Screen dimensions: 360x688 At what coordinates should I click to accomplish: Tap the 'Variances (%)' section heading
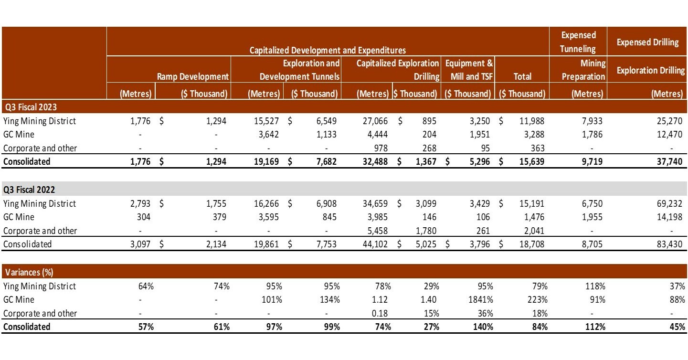pyautogui.click(x=29, y=273)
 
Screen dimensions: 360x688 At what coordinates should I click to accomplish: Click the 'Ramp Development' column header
pyautogui.click(x=193, y=76)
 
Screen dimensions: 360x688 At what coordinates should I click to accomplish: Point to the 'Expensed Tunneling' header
pyautogui.click(x=578, y=42)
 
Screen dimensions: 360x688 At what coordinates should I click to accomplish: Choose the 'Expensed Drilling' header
pyautogui.click(x=647, y=42)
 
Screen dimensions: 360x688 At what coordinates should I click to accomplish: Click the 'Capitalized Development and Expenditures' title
pyautogui.click(x=328, y=50)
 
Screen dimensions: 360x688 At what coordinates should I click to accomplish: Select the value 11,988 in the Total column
pyautogui.click(x=531, y=121)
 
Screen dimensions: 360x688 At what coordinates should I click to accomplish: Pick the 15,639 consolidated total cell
pyautogui.click(x=531, y=162)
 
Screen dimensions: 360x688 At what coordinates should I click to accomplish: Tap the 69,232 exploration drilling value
pyautogui.click(x=670, y=204)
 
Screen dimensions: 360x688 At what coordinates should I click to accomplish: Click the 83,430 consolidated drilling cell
pyautogui.click(x=670, y=244)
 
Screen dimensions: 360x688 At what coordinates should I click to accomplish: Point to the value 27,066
pyautogui.click(x=375, y=121)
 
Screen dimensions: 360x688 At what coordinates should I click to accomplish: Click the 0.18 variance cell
pyautogui.click(x=382, y=314)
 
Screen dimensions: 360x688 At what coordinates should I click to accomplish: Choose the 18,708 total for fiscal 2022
pyautogui.click(x=531, y=244)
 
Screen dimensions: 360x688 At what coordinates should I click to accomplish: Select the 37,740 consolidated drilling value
pyautogui.click(x=670, y=162)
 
